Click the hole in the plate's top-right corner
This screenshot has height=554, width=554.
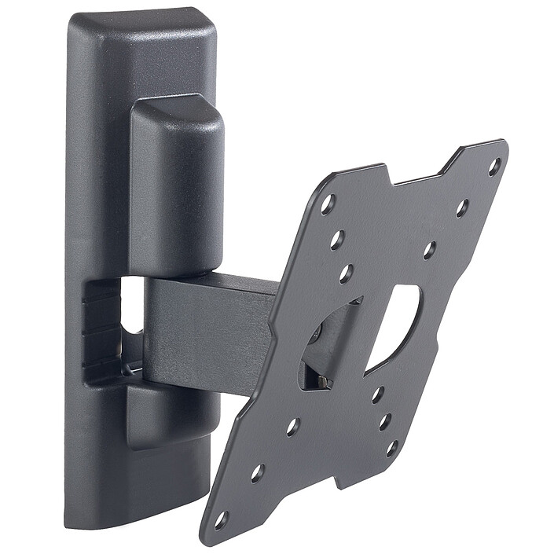point(494,167)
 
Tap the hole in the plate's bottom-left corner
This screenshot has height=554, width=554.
point(221,519)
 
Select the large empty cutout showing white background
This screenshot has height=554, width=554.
point(394,325)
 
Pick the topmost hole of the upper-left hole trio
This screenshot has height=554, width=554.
point(328,204)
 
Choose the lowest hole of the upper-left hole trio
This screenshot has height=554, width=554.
point(346,274)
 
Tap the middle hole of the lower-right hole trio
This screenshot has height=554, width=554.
point(384,421)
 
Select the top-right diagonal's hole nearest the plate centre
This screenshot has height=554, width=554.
point(429,251)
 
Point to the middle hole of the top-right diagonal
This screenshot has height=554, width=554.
point(462,208)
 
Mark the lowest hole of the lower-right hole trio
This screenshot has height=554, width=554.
point(391,449)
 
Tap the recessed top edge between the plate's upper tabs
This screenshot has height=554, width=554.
point(416,177)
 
